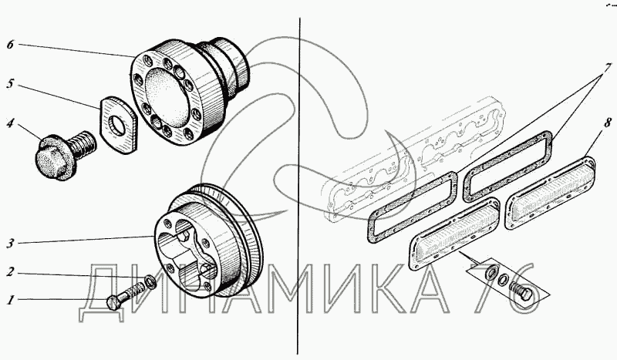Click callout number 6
tap(10, 45)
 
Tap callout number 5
tap(10, 84)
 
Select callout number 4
tap(10, 123)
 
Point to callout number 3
tap(10, 244)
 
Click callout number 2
tap(11, 272)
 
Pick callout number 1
tap(11, 301)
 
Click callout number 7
tap(608, 67)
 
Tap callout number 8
tap(608, 123)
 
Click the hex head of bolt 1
tap(113, 302)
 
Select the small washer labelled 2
tap(150, 281)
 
